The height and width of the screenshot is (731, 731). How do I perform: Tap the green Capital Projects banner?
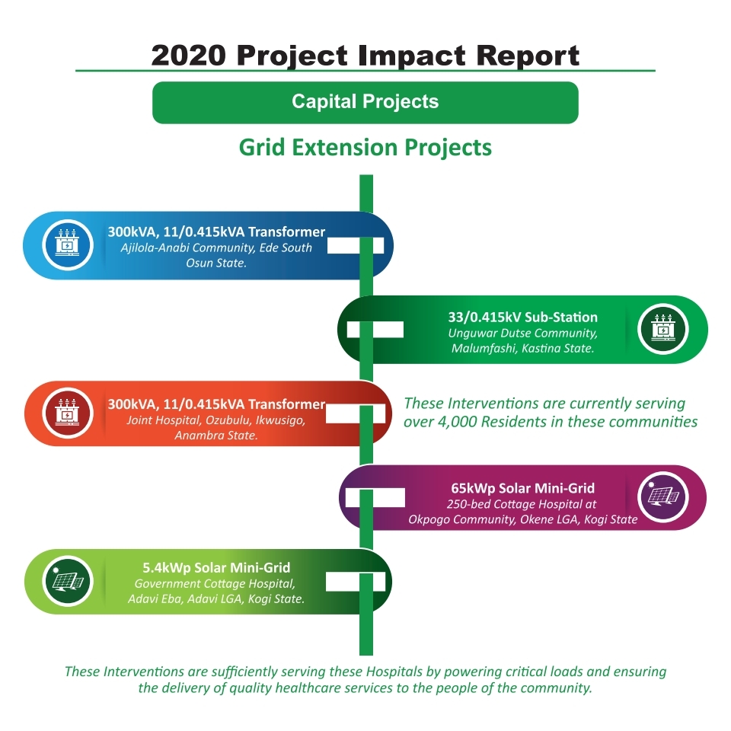point(365,103)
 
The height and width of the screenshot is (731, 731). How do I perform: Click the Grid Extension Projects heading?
point(365,147)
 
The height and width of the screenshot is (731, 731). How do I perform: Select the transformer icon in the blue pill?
point(68,244)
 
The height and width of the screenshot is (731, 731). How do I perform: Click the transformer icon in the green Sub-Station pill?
point(663,330)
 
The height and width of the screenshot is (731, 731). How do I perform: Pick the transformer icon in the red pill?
point(68,413)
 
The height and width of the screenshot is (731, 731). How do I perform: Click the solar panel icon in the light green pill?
point(68,581)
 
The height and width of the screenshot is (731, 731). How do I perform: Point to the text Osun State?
point(216,263)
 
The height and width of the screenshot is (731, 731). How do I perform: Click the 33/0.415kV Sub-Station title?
point(522,317)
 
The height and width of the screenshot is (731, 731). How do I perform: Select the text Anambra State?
point(216,436)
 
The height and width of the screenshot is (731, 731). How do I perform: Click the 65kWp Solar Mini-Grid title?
point(522,488)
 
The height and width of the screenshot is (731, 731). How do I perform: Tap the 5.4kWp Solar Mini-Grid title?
point(216,567)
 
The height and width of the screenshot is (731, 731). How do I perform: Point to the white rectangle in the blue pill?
point(356,245)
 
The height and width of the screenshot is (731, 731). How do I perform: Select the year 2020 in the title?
point(188,56)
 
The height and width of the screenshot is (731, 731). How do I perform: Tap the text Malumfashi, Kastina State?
point(522,348)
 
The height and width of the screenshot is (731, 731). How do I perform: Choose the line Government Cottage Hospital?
point(215,584)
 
